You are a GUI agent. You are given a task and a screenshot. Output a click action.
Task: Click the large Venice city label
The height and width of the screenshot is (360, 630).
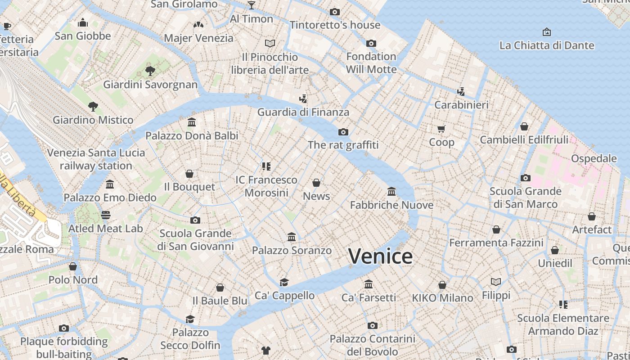380,256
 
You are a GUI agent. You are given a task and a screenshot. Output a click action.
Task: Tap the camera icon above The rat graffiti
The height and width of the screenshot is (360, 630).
343,132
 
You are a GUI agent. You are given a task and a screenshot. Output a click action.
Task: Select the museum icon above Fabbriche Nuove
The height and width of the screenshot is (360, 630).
391,192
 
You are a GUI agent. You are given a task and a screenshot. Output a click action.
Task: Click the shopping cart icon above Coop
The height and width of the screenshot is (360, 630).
441,129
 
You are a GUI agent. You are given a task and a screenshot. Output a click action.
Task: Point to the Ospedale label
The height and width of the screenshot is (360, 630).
594,158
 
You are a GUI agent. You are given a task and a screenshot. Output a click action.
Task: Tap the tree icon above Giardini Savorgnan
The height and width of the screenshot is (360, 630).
150,71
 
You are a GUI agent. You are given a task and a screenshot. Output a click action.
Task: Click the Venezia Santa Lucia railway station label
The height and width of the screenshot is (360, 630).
96,159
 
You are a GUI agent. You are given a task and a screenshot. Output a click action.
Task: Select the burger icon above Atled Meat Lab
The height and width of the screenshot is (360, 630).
106,215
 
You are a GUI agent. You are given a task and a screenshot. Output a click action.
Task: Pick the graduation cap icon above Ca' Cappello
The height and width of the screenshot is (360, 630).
284,282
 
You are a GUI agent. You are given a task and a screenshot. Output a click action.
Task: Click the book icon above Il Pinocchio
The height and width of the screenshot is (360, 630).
270,44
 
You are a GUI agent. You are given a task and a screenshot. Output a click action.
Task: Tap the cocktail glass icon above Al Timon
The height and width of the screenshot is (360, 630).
252,5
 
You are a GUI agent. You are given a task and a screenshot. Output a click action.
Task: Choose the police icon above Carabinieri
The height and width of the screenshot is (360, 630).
461,92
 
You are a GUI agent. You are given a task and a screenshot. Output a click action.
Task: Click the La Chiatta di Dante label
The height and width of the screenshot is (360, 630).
547,45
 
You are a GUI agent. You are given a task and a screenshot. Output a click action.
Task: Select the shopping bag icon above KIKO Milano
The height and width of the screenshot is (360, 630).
442,285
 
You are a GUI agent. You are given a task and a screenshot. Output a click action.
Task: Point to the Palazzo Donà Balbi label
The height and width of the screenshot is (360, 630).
192,135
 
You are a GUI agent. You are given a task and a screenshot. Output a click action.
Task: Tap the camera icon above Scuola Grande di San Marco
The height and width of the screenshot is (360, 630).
526,178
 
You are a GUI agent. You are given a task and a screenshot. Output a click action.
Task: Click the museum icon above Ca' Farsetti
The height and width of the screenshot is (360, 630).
369,284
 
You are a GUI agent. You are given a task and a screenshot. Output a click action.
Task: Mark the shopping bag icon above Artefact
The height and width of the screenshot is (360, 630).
592,216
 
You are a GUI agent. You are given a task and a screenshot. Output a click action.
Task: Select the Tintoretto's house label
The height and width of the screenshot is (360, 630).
335,25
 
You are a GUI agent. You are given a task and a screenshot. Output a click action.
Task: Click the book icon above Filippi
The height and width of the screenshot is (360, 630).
496,282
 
